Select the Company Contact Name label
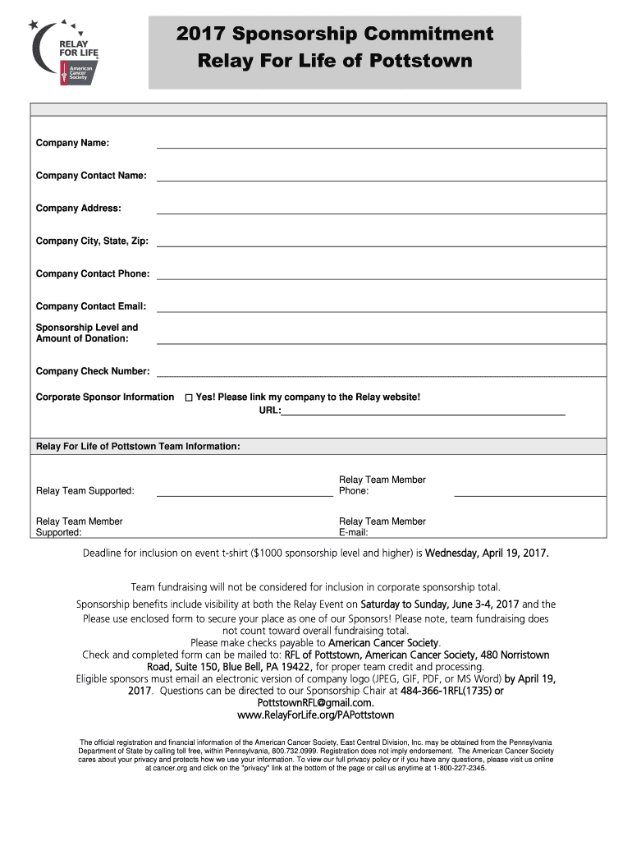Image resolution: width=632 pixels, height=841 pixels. click(91, 176)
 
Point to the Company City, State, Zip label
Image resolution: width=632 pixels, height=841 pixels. click(92, 241)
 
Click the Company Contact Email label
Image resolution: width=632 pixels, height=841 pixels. click(91, 306)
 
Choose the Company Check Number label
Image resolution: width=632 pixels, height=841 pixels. click(93, 371)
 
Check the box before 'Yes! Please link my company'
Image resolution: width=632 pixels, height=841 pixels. click(188, 398)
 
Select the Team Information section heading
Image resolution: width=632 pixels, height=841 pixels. click(138, 446)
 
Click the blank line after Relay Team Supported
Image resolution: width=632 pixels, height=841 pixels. click(245, 494)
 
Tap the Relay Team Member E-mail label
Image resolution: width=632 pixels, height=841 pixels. click(382, 526)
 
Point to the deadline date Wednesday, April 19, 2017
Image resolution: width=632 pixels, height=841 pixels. click(486, 553)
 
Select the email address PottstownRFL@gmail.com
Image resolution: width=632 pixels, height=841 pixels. click(315, 703)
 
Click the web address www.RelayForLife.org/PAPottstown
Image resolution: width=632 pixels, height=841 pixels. click(315, 715)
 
